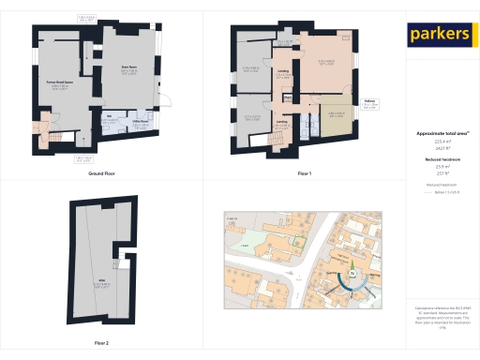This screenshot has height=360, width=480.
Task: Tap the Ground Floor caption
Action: click(101, 174)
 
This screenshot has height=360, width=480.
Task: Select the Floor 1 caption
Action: click(304, 174)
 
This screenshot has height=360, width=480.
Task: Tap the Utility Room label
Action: click(138, 124)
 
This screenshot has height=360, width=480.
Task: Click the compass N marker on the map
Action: click(352, 274)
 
